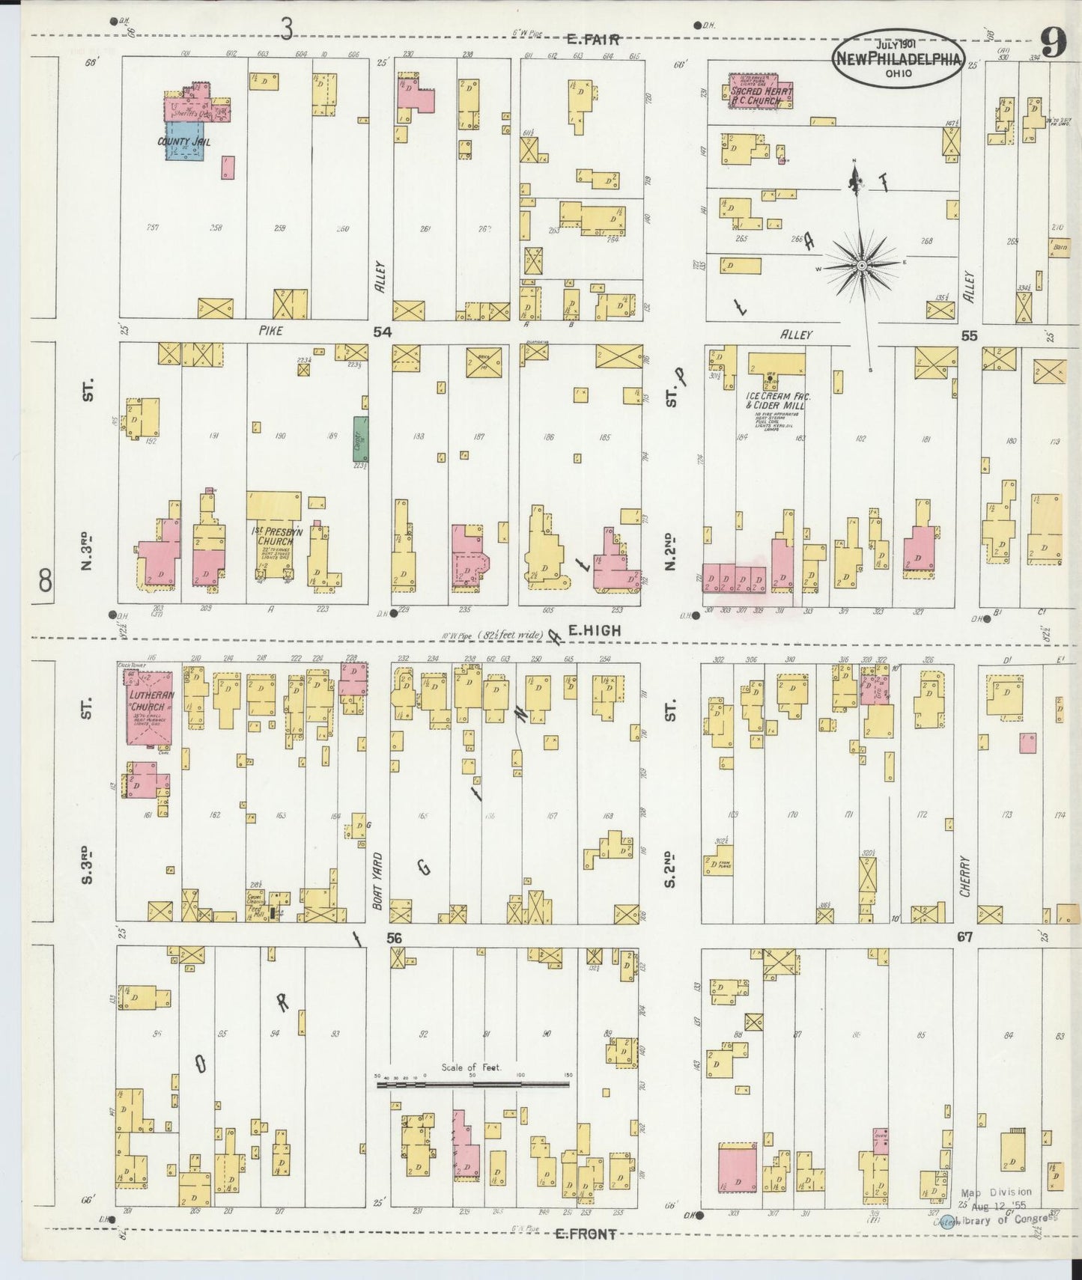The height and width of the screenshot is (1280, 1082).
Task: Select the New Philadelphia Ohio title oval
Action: pos(898,58)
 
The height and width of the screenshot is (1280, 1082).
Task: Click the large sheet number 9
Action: pos(1052,43)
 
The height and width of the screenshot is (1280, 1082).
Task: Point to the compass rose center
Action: pos(862,265)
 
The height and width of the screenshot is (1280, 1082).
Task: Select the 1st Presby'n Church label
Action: pos(274,536)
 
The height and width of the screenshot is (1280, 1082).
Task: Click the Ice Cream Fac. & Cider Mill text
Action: pos(779,400)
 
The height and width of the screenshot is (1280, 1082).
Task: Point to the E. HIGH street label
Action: pos(594,631)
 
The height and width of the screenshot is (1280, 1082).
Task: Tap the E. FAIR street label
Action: pos(593,39)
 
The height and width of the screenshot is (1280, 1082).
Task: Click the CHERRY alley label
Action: pos(965,877)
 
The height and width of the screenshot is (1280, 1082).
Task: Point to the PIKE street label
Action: pos(270,330)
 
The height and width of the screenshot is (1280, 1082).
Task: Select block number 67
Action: pos(964,936)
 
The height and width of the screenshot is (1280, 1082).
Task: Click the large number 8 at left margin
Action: pos(45,579)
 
